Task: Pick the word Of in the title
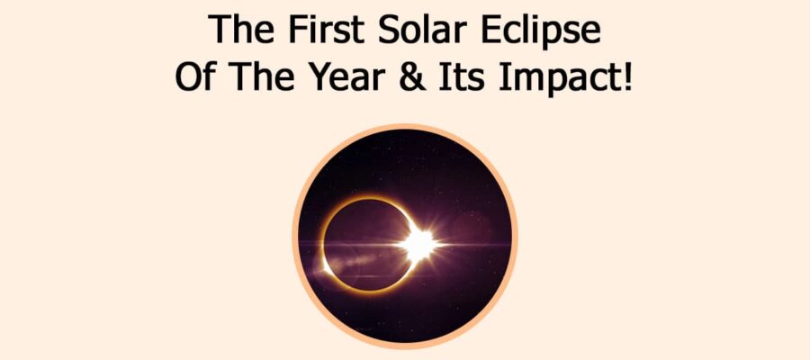[x=193, y=76]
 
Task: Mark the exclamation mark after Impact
[x=627, y=76]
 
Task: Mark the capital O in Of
[x=186, y=76]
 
